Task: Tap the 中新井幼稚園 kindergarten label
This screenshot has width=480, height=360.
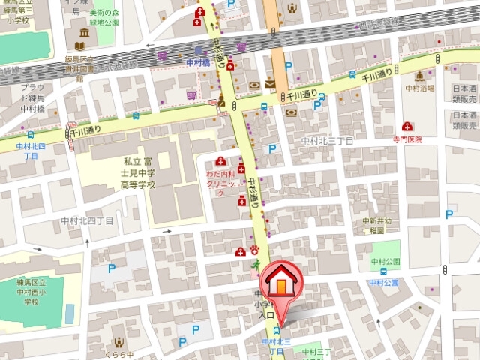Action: point(378,226)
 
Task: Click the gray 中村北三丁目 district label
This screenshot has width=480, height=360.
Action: point(327,140)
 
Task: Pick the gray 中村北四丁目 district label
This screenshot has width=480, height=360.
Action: point(88,221)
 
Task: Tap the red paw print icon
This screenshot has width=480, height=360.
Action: point(254,250)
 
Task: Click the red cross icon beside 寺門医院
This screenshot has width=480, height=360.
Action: point(406,126)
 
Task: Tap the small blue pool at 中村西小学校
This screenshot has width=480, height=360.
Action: point(70,313)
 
